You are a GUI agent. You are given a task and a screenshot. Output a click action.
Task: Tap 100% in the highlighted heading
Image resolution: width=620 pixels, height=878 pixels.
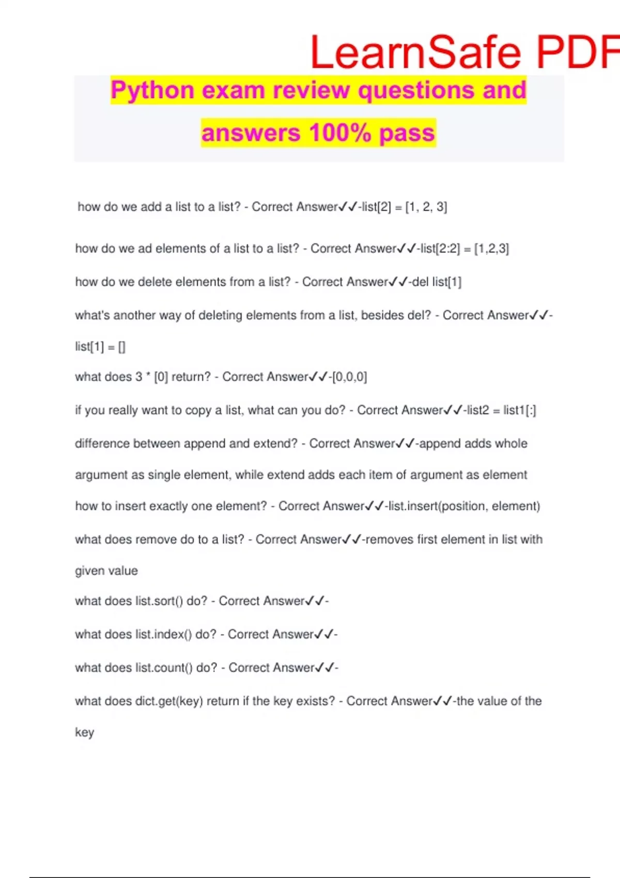click(340, 133)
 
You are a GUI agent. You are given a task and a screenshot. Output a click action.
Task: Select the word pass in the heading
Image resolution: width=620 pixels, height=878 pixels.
click(407, 133)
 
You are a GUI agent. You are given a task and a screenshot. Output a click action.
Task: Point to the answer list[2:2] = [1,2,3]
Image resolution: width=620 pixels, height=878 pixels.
click(464, 249)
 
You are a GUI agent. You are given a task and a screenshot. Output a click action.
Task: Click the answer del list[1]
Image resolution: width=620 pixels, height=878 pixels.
click(437, 282)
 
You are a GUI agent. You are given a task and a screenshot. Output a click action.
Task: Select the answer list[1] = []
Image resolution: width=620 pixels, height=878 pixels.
click(100, 347)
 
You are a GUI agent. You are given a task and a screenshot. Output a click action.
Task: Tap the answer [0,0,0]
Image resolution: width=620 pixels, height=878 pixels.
click(350, 377)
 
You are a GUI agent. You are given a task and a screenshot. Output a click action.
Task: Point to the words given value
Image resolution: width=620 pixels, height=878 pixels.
click(106, 571)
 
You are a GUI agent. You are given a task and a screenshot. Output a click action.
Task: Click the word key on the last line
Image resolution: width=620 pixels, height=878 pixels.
click(84, 733)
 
